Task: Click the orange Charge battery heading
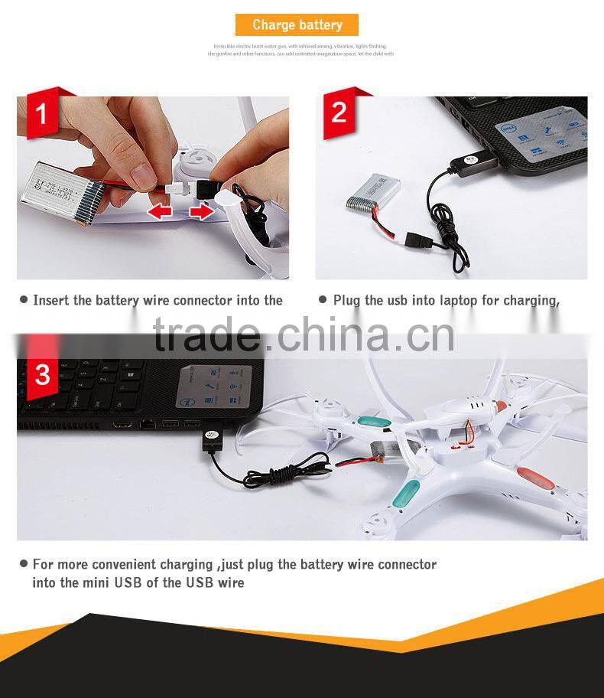[x=297, y=25]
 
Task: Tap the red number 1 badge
[x=41, y=115]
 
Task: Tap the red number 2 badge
[x=339, y=113]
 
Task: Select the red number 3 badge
[x=42, y=375]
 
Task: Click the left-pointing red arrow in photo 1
[x=160, y=212]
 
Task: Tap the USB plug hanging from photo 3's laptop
[x=211, y=442]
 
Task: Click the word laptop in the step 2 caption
[x=458, y=301]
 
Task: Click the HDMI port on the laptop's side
[x=122, y=423]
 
